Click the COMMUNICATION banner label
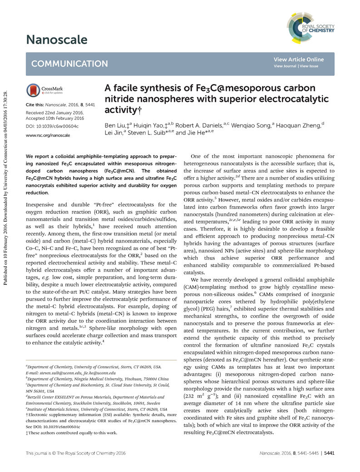pos(69,64)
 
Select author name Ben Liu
pos(116,124)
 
